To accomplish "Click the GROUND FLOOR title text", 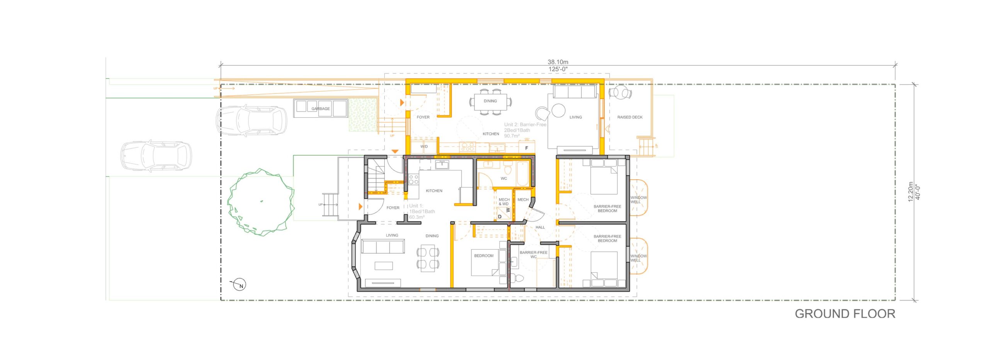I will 845,314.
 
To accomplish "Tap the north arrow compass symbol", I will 240,285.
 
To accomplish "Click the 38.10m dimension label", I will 557,62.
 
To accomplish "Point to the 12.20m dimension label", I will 911,192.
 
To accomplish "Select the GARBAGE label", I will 321,109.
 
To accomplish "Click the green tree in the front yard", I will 261,202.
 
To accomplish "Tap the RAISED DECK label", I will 630,117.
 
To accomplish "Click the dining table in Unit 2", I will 490,102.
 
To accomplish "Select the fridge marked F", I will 526,148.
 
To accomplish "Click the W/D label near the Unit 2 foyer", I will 424,147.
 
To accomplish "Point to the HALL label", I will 540,227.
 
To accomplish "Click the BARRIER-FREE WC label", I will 533,254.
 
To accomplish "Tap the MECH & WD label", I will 504,202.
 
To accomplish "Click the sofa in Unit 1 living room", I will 383,246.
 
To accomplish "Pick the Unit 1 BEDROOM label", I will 484,256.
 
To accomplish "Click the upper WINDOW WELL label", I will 638,200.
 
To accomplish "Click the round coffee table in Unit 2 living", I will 558,110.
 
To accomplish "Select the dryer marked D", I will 500,217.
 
